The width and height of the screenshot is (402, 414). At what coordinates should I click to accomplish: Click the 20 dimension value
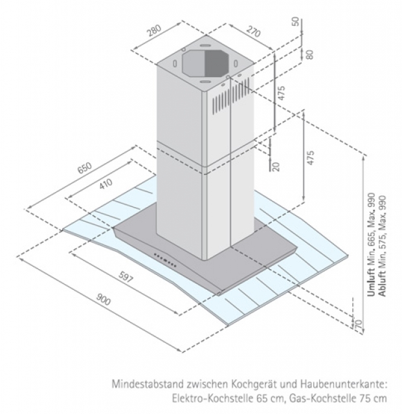(x=276, y=166)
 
